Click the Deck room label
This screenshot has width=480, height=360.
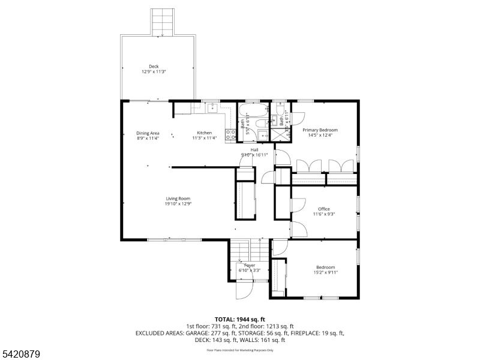pyautogui.click(x=154, y=67)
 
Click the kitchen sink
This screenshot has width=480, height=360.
pyautogui.click(x=212, y=109)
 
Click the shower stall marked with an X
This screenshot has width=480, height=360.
pyautogui.click(x=279, y=133)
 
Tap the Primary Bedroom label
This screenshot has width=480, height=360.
pyautogui.click(x=320, y=130)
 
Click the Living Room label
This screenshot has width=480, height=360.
pyautogui.click(x=178, y=199)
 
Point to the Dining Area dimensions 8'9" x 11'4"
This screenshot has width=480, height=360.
pyautogui.click(x=148, y=138)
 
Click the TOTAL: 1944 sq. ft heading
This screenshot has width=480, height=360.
pyautogui.click(x=240, y=319)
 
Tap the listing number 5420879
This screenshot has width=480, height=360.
pyautogui.click(x=21, y=355)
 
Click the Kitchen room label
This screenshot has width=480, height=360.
pyautogui.click(x=205, y=133)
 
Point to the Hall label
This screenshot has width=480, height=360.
pyautogui.click(x=254, y=149)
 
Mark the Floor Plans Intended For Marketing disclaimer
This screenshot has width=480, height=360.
pyautogui.click(x=240, y=350)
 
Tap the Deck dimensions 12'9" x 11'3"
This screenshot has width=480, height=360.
pyautogui.click(x=154, y=71)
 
